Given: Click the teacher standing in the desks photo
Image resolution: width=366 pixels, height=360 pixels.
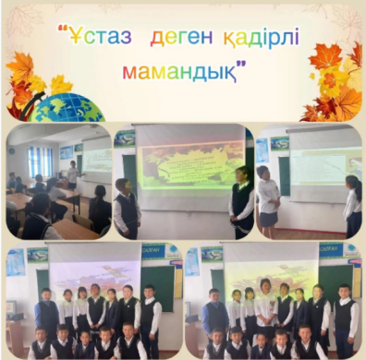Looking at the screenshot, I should [x=71, y=174].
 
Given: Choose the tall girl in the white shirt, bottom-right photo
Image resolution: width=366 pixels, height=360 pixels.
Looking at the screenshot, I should [x=266, y=309].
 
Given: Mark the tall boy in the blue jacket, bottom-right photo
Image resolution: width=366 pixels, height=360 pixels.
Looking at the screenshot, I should [x=214, y=318].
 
